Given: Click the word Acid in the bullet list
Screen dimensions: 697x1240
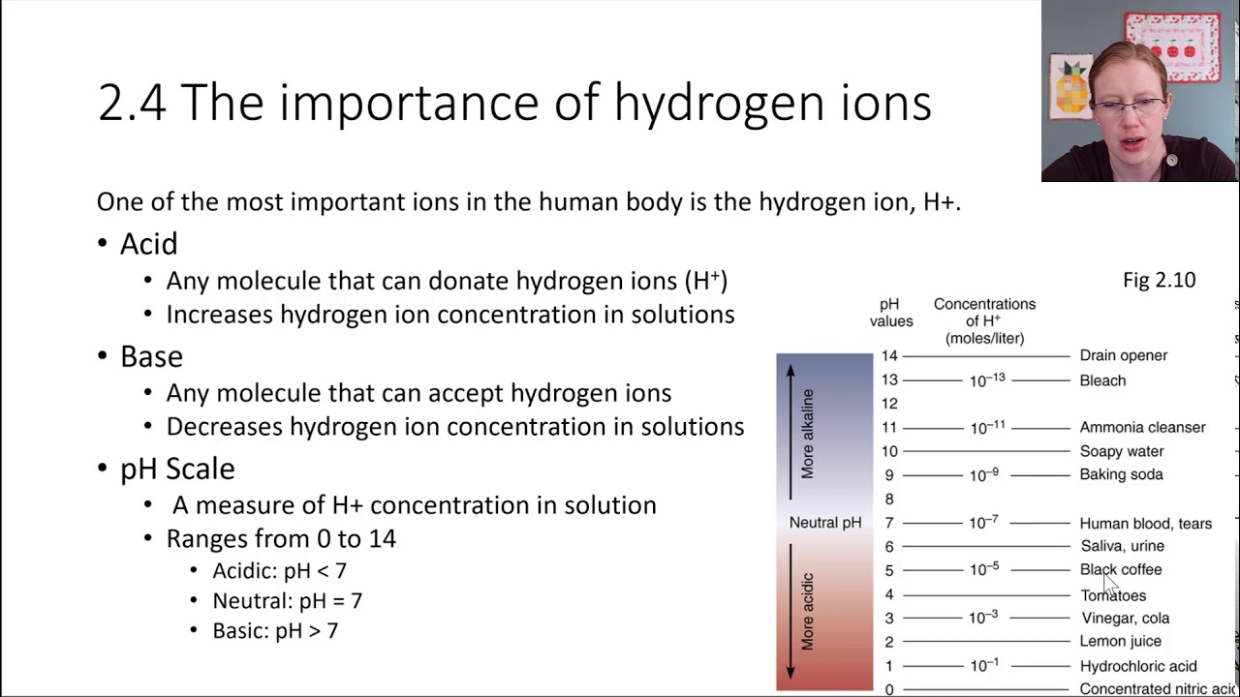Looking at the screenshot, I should coord(148,244).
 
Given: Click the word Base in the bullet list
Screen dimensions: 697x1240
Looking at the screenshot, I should coord(151,356).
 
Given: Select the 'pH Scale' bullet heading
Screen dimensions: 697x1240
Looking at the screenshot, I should coord(177,469).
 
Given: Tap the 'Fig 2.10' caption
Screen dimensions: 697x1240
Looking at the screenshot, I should coord(1159,280).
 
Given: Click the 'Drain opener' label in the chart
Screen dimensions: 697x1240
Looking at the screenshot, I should coord(1123,355).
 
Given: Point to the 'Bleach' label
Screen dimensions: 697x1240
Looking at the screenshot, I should coord(1102,380).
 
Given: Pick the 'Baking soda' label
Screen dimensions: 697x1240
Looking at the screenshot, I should coord(1121,474).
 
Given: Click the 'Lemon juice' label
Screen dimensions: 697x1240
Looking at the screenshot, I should coord(1120,641).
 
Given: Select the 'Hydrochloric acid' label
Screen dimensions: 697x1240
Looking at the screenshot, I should coord(1137,666).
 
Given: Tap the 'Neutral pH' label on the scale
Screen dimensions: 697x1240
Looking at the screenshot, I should coord(824,523).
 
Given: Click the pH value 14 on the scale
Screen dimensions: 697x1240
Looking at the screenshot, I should coord(889,356).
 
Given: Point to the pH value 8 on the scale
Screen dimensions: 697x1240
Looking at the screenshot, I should coord(889,499).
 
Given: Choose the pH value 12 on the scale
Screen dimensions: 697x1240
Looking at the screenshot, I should coord(889,404).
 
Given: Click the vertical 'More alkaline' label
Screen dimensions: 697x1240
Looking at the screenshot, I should coord(808,433).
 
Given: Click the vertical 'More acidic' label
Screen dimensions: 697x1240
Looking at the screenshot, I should coord(808,611).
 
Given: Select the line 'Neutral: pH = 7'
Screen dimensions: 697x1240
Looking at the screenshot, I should coord(287,601).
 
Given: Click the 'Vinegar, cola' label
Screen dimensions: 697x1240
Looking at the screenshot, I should coord(1125,618).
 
